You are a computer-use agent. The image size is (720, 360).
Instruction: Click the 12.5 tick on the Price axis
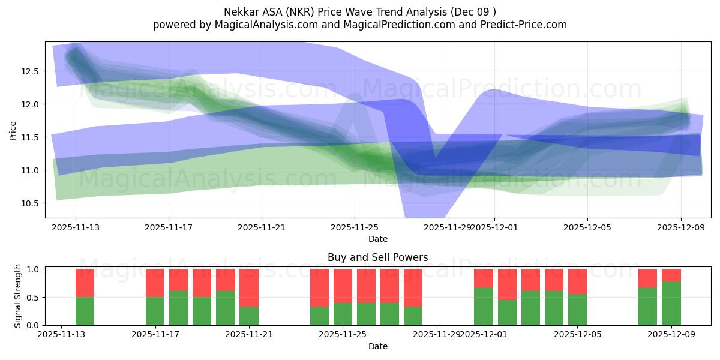tap(30, 71)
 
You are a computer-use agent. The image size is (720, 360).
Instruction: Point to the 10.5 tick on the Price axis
tap(30, 203)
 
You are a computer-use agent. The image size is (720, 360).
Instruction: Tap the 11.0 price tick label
tap(30, 170)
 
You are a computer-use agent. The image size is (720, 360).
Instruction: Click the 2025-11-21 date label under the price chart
tap(262, 227)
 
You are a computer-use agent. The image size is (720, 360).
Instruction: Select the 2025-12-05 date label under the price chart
tap(587, 227)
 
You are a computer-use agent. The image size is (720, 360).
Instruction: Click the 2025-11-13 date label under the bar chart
tap(62, 335)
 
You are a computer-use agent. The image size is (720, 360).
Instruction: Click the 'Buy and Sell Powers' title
tap(377, 257)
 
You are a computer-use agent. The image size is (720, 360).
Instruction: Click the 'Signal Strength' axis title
tap(18, 296)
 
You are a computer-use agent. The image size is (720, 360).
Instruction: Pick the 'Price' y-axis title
tap(13, 130)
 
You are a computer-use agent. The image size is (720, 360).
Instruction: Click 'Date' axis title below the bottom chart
tap(377, 346)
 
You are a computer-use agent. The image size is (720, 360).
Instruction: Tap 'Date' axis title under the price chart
tap(377, 239)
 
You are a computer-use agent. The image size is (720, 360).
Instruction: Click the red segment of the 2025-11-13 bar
tap(85, 283)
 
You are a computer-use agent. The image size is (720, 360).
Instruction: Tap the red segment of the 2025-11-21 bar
tap(249, 287)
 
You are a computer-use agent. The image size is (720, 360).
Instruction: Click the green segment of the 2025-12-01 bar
tap(484, 306)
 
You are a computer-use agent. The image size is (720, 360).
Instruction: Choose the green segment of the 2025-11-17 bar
tap(155, 311)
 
